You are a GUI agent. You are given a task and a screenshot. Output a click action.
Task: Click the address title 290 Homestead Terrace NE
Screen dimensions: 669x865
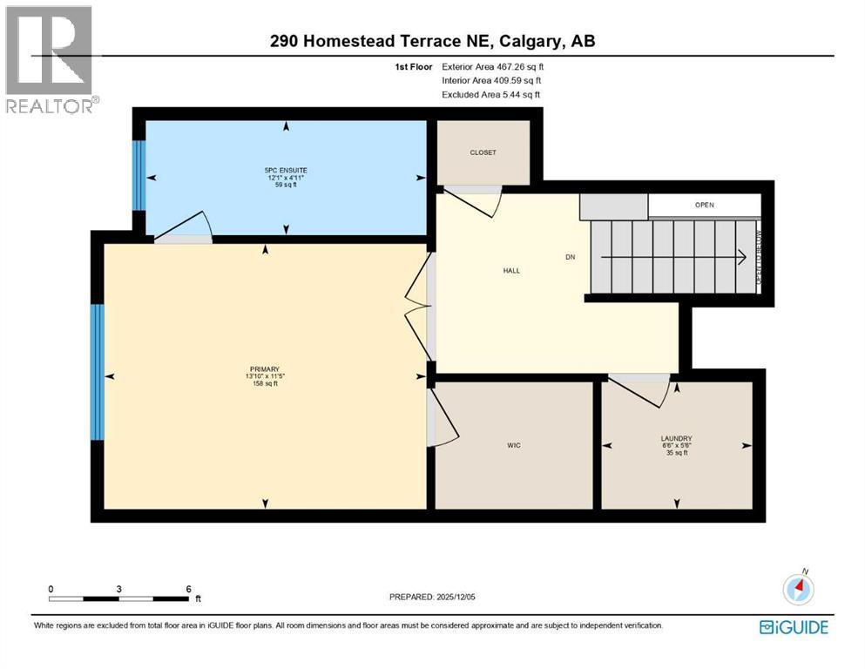(x=432, y=41)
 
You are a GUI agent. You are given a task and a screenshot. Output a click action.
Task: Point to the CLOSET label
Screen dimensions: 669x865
(x=483, y=152)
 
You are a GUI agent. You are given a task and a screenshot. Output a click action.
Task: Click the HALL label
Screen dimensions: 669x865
(x=511, y=271)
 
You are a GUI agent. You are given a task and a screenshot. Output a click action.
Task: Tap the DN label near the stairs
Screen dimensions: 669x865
(x=571, y=257)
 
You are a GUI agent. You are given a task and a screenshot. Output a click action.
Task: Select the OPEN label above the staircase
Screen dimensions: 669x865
(x=704, y=206)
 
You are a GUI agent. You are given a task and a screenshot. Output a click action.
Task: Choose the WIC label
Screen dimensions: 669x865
(x=513, y=445)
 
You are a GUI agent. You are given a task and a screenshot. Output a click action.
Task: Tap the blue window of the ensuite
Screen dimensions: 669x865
(x=138, y=175)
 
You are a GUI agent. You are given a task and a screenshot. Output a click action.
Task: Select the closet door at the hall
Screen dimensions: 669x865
(x=473, y=200)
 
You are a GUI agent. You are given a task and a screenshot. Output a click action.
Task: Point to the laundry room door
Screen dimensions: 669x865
(x=640, y=389)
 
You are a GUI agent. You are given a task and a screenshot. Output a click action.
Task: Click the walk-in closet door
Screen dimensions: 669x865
(x=443, y=417)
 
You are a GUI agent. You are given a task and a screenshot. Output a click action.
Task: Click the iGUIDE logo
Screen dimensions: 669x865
(x=794, y=627)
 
